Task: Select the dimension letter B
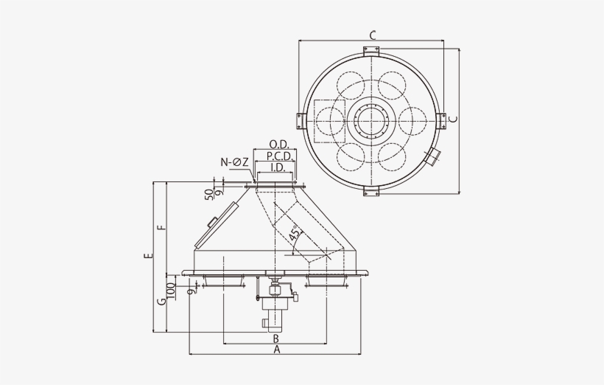(275, 338)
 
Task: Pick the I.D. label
(278, 167)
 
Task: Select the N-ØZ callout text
(234, 162)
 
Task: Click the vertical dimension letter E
(148, 257)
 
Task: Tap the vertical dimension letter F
(161, 226)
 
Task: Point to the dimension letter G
(161, 302)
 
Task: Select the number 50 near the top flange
(209, 192)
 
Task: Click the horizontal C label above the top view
(373, 35)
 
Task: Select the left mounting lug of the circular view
(301, 120)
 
